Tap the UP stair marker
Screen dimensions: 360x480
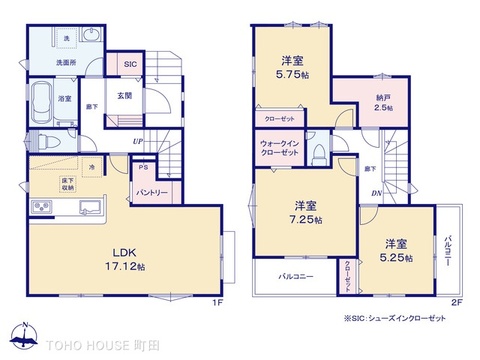point(136,142)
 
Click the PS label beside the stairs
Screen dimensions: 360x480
point(142,168)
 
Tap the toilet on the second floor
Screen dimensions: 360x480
point(318,152)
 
